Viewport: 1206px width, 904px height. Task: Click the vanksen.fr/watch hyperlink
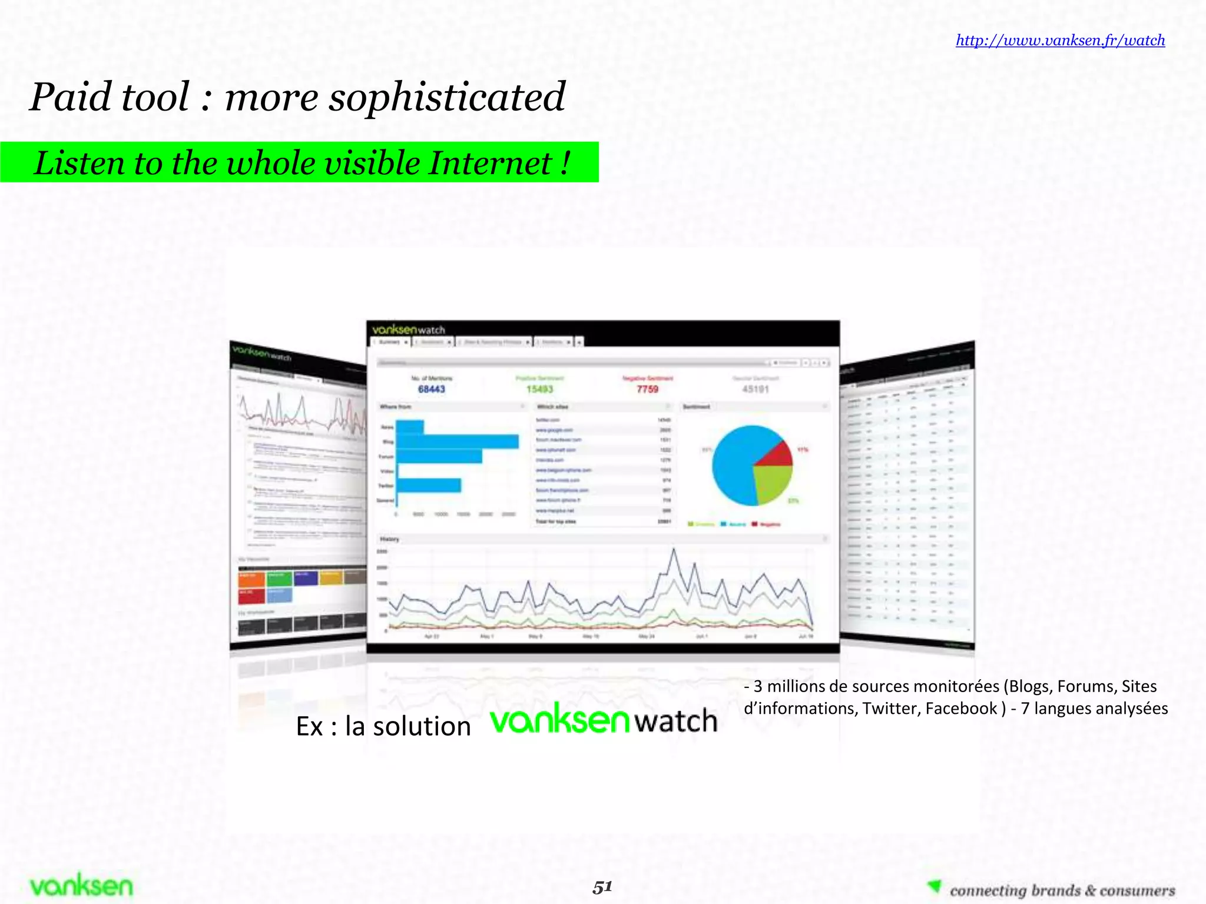1060,40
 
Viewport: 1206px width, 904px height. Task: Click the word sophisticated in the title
447,97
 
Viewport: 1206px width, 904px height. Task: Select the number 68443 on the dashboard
432,389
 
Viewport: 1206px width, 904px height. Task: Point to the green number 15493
539,389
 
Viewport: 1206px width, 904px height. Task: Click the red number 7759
647,389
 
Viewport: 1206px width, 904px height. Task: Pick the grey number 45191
756,389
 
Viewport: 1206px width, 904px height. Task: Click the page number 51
602,886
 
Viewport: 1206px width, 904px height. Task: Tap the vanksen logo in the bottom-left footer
81,886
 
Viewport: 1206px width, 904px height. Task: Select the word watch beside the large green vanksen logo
677,721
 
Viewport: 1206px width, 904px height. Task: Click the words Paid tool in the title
110,97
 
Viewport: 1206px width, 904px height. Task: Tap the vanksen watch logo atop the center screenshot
409,329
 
